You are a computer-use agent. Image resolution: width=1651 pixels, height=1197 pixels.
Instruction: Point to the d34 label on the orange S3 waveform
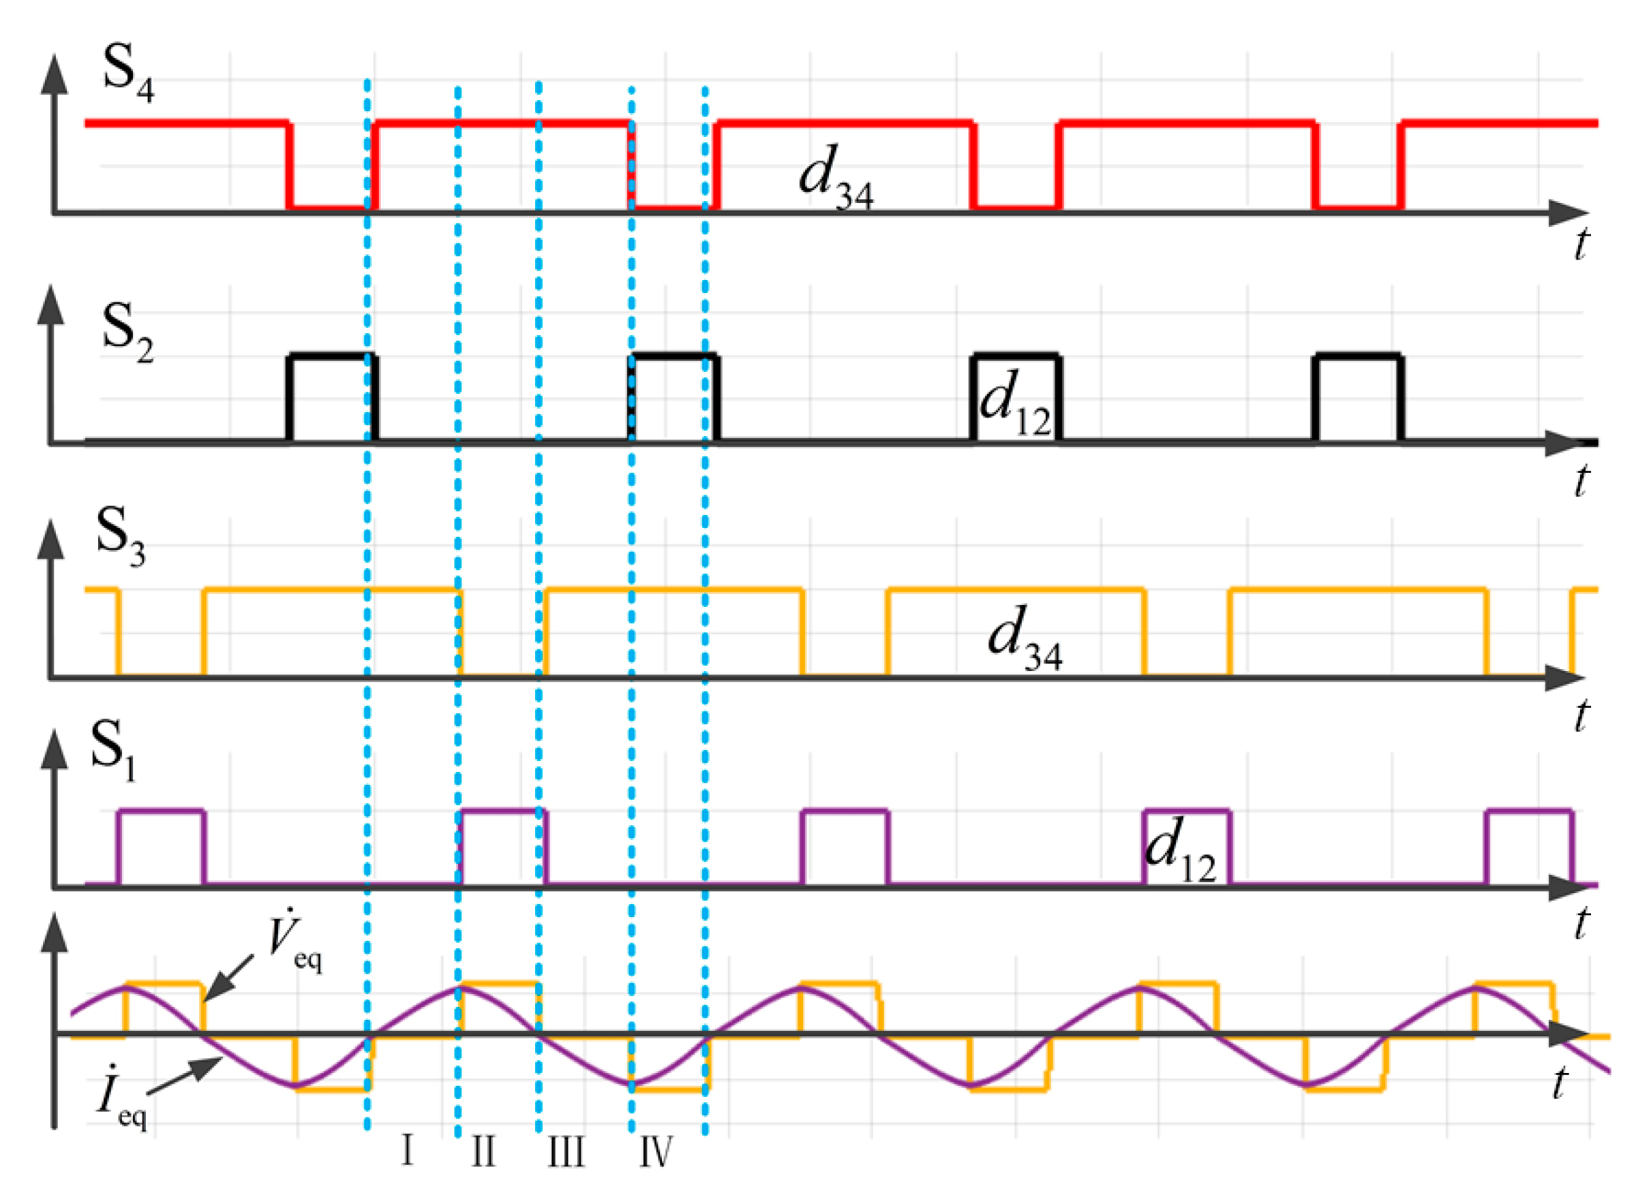coord(1023,638)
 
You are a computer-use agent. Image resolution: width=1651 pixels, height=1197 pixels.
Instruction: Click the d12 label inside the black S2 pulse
coord(1015,404)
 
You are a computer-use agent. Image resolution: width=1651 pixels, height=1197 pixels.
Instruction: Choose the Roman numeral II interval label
coord(483,1151)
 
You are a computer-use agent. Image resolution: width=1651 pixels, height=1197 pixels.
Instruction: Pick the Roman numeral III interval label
coord(566,1152)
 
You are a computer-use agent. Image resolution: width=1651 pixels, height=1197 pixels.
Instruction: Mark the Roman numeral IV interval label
coord(655,1151)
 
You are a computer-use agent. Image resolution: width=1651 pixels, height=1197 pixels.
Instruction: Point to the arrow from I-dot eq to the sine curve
coord(186,1076)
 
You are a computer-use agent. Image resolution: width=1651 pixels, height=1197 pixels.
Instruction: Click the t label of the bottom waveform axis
coord(1558,1083)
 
